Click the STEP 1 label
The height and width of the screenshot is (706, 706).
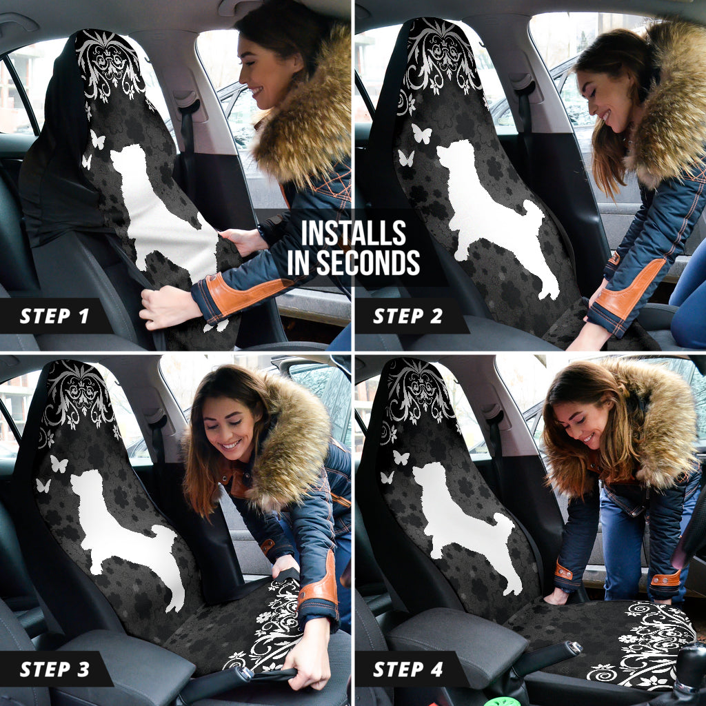(x=54, y=316)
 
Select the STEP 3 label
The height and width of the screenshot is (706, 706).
(x=54, y=669)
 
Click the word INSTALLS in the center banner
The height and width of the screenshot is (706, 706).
(x=353, y=234)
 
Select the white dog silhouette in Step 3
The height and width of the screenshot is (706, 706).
(x=124, y=531)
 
